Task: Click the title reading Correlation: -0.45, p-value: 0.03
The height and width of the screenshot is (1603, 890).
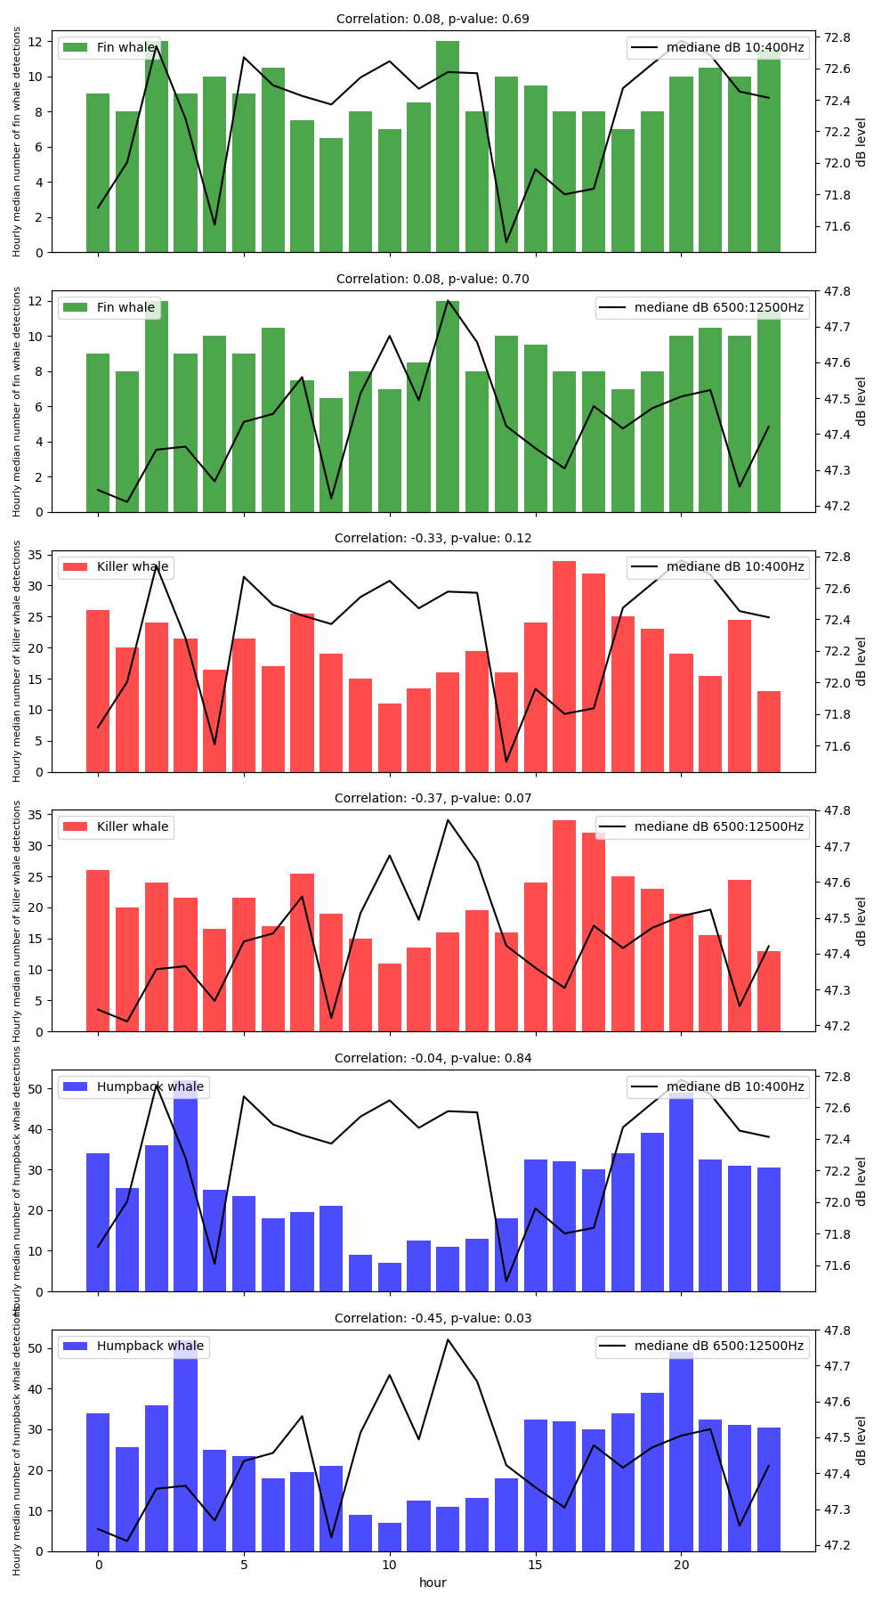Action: [x=433, y=1318]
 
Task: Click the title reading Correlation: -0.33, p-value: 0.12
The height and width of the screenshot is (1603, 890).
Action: [x=433, y=538]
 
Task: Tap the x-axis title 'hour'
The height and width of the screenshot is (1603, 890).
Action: [x=433, y=1583]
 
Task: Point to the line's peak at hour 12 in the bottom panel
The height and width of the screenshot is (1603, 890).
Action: [x=448, y=1339]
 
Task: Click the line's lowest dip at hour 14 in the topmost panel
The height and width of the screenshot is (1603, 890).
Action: [x=506, y=242]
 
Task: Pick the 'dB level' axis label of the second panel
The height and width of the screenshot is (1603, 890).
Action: [x=861, y=402]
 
